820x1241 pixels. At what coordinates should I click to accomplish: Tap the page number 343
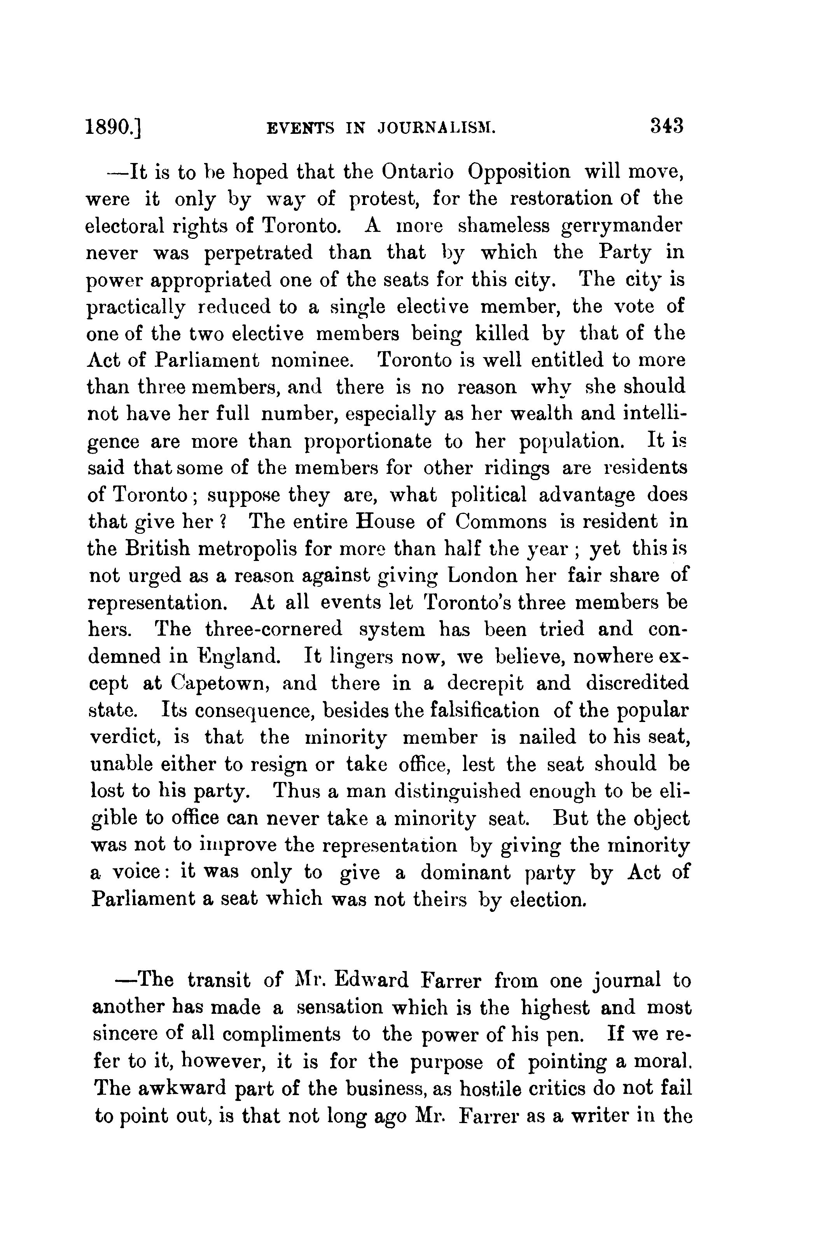click(x=667, y=126)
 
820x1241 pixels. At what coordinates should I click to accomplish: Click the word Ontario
click(x=417, y=172)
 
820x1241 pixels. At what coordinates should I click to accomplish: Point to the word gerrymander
click(x=622, y=226)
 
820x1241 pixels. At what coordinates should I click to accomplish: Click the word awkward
click(x=183, y=1088)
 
